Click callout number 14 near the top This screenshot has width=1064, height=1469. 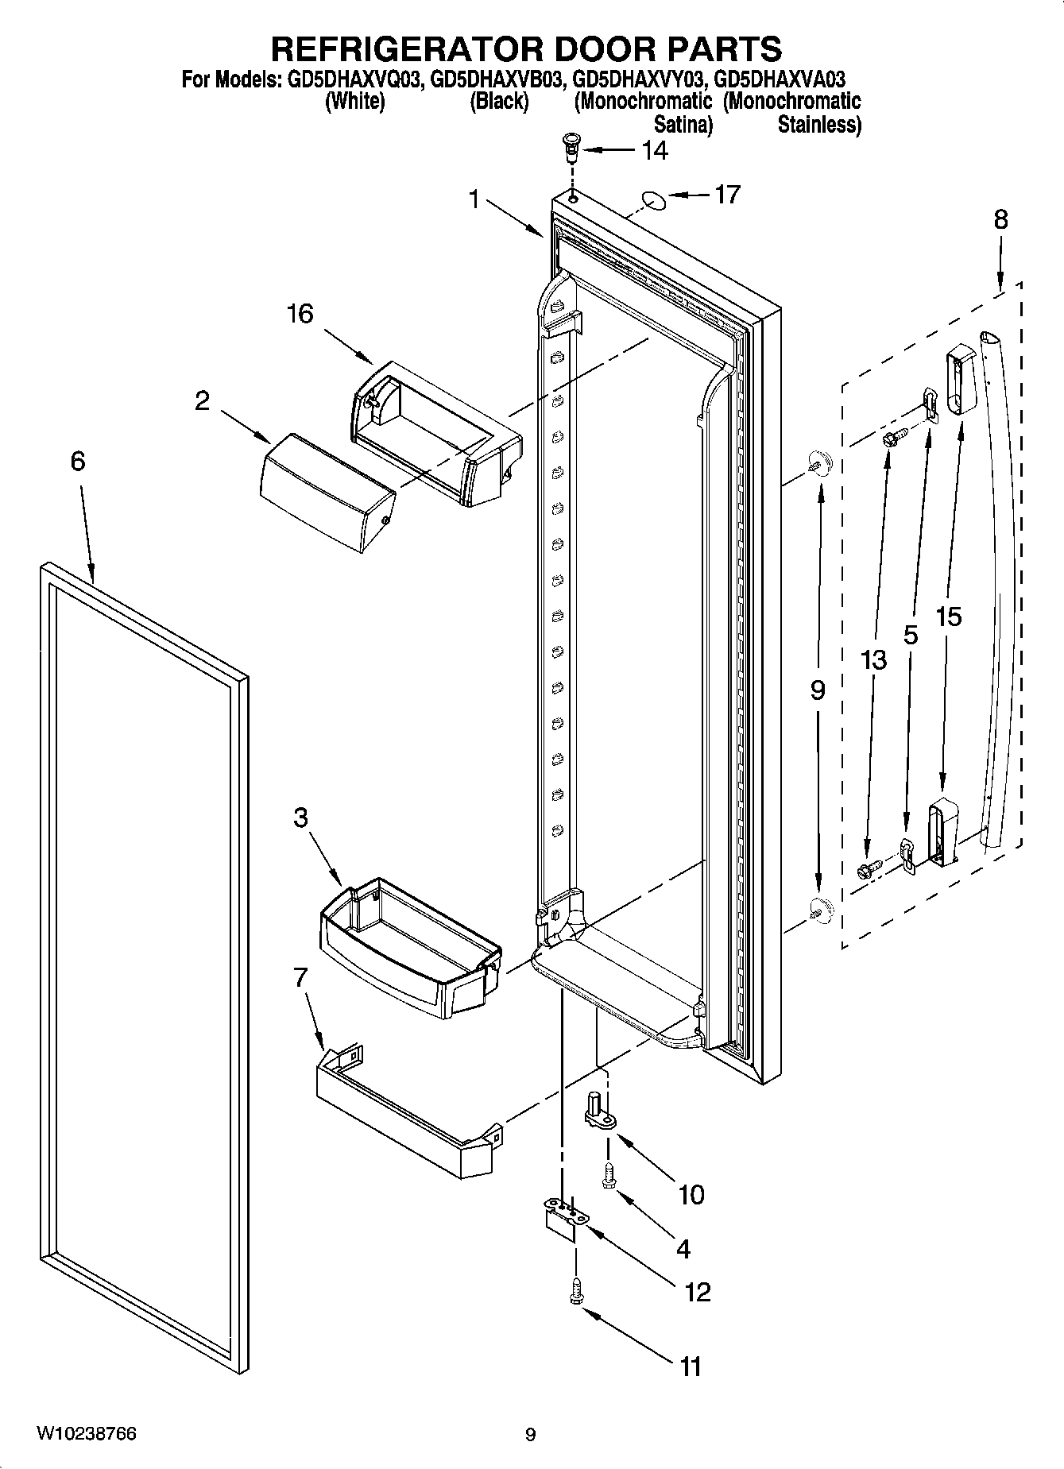point(655,150)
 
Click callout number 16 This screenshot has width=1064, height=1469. point(300,314)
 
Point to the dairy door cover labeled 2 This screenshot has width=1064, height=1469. point(327,492)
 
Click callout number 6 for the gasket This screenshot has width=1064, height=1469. point(77,461)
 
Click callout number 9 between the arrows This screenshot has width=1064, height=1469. point(818,690)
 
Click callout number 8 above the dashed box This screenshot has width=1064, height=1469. point(1000,219)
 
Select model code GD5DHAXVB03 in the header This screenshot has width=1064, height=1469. point(497,79)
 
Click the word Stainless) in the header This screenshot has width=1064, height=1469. point(819,125)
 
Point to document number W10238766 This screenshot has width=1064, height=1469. point(86,1434)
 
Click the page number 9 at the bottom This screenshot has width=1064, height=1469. point(531,1435)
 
